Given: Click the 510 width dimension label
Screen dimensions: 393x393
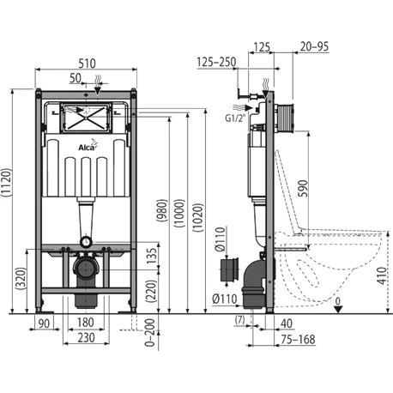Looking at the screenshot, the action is (87, 63).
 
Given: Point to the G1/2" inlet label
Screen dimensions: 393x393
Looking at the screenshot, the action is (235, 118).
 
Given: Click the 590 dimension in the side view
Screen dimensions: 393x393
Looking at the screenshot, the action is (303, 188).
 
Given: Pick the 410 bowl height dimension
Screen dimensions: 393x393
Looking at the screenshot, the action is (382, 275).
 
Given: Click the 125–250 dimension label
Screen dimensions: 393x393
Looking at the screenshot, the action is (216, 62).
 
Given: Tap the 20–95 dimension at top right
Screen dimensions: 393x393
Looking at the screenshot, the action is (314, 46).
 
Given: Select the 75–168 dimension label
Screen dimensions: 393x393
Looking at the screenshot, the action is (298, 339).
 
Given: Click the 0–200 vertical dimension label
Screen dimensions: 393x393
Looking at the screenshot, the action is (149, 333).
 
